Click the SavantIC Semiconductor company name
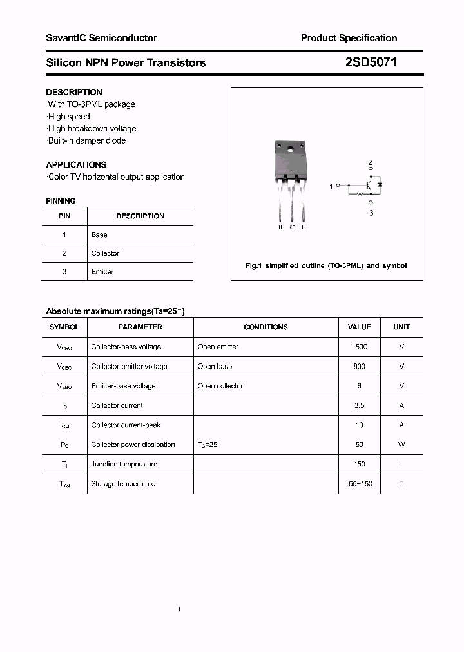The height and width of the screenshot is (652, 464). coord(101,38)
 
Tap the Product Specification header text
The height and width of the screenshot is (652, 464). coord(349,38)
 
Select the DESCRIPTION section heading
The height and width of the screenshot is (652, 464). coord(74,92)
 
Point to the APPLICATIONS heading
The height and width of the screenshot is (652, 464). coord(76,164)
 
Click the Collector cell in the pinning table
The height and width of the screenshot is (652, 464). coord(105,253)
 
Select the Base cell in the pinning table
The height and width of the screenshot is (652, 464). coord(99,235)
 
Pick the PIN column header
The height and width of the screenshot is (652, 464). coord(64,216)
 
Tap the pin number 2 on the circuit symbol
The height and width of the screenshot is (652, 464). coord(370,162)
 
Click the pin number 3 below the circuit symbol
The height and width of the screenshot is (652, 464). coord(371,213)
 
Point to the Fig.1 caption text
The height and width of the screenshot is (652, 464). coord(326,265)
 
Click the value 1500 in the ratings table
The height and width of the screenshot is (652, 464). coord(360,347)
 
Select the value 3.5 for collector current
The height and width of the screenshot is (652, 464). coord(360,405)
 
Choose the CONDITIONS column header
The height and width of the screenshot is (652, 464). coord(266,327)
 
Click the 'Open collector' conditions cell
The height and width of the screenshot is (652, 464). coord(220,386)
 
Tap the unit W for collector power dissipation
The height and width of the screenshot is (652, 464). coord(401,445)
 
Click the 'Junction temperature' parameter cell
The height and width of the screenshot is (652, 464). coord(123,464)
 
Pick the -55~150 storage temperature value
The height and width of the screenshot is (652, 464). coord(360,484)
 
